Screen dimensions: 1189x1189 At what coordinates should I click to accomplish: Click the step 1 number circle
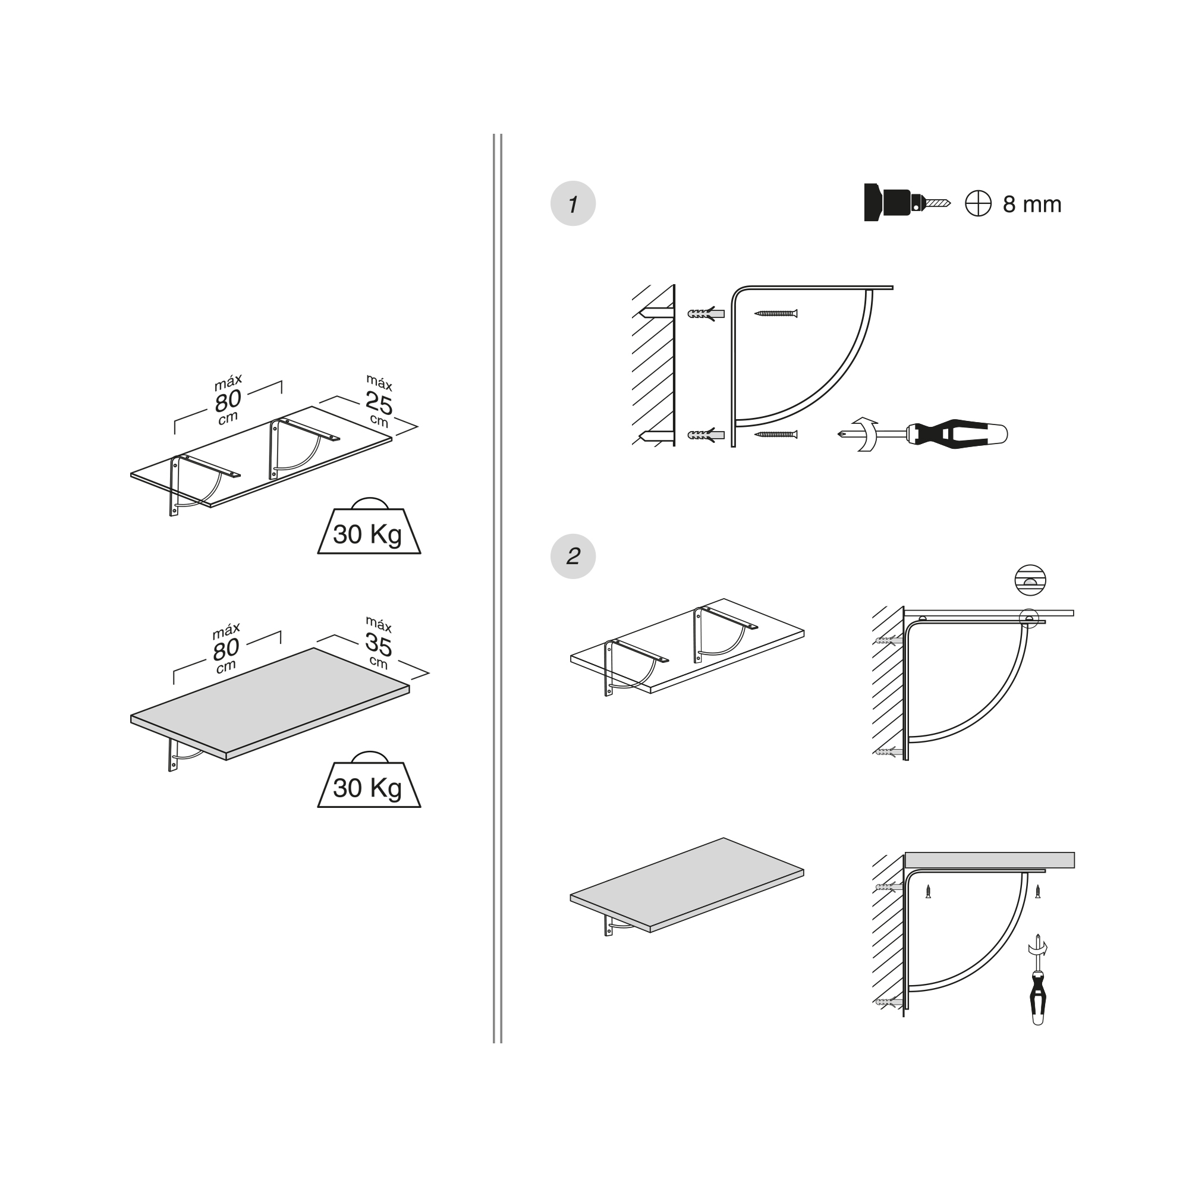[573, 204]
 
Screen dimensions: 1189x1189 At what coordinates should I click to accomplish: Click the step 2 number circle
[573, 556]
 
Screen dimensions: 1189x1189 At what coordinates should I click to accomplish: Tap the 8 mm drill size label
[1032, 205]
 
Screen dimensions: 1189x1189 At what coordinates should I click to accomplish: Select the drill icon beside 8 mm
[907, 203]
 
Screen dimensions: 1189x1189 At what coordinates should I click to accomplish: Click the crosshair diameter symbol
[978, 204]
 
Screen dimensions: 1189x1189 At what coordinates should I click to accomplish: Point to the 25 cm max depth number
[379, 404]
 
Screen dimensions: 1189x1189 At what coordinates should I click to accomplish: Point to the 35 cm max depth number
[378, 644]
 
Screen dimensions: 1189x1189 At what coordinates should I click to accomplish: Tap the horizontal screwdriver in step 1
[923, 435]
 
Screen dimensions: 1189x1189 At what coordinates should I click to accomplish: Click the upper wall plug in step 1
[706, 313]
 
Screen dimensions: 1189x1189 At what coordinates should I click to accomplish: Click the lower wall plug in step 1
[706, 435]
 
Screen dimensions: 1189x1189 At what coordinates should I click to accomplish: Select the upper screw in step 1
[775, 313]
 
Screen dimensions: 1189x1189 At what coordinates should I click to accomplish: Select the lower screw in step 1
[775, 435]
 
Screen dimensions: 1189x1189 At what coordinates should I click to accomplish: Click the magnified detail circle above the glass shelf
[1030, 580]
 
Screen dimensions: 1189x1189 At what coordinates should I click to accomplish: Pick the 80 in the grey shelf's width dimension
[226, 649]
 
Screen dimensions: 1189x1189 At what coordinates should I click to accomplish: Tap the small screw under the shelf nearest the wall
[928, 892]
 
